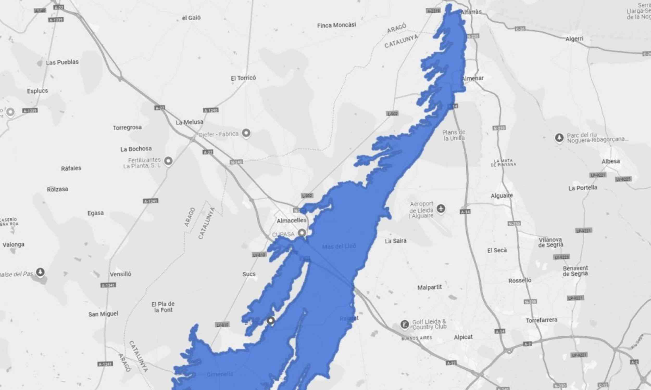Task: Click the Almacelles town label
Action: pos(291,220)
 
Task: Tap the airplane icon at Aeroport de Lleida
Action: pos(441,209)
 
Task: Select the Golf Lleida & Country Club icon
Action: pos(404,324)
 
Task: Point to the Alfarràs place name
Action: pos(471,12)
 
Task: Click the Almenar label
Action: pos(473,78)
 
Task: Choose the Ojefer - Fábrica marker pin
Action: pos(246,133)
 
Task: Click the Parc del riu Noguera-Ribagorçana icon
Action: pos(559,137)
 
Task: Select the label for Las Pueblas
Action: pos(62,62)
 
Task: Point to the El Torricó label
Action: pos(243,78)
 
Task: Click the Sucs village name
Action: pos(249,274)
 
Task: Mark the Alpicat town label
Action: pos(463,337)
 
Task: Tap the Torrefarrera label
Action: pos(541,320)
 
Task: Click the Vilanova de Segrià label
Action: pos(550,242)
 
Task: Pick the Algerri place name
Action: pos(574,39)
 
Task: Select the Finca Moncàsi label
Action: pos(336,25)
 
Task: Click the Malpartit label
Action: pos(429,287)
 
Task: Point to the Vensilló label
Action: pos(121,274)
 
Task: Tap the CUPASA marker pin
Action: pos(302,233)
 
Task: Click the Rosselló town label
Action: pos(520,281)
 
